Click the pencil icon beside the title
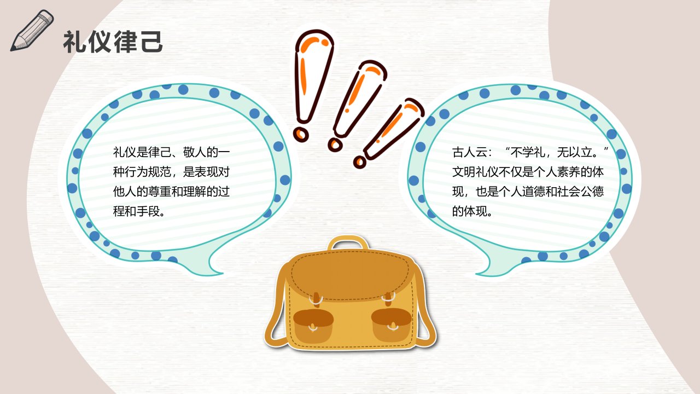tap(31, 31)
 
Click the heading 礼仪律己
tap(113, 42)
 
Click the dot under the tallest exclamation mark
tap(301, 134)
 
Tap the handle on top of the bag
tap(348, 244)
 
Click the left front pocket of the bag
tap(313, 326)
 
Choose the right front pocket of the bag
tap(391, 325)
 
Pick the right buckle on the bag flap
tap(388, 299)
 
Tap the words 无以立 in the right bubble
tap(575, 153)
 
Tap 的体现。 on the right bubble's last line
tap(473, 212)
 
